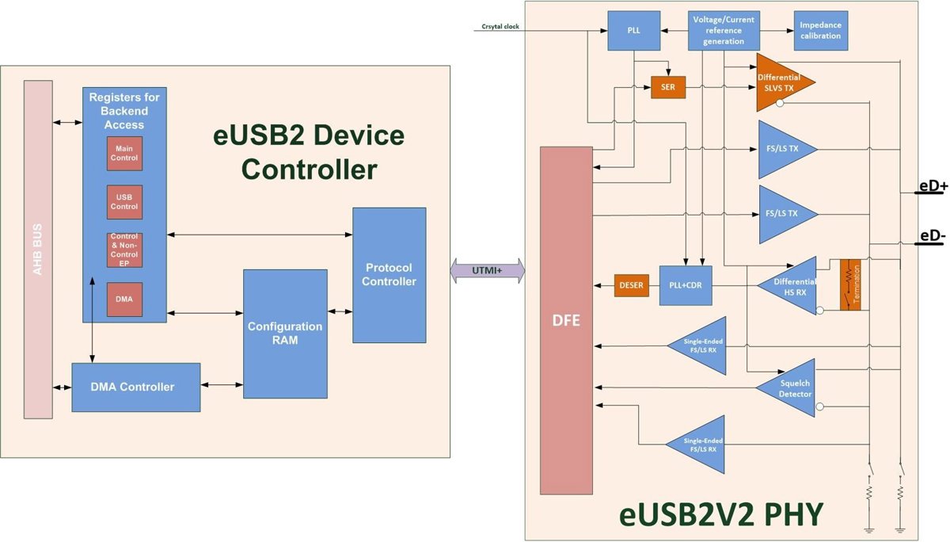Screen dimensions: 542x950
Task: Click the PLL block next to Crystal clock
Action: [633, 31]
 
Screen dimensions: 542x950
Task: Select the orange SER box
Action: [667, 87]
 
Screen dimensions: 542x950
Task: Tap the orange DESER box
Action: [631, 285]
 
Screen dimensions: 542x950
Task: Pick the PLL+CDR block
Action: [686, 285]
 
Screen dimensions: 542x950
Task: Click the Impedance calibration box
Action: [820, 31]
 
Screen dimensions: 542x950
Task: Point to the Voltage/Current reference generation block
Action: [724, 31]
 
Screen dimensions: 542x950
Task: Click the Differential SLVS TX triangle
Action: [780, 82]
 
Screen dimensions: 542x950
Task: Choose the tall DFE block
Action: [566, 320]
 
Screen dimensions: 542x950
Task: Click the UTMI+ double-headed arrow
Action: [488, 270]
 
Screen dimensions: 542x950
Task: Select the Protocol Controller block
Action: [389, 275]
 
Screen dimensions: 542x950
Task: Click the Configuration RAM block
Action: [285, 334]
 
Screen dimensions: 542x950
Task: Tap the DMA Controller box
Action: [136, 387]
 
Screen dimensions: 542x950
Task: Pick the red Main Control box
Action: [124, 153]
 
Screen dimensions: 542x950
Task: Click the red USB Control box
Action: [124, 201]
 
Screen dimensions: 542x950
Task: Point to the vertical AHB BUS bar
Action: [37, 249]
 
